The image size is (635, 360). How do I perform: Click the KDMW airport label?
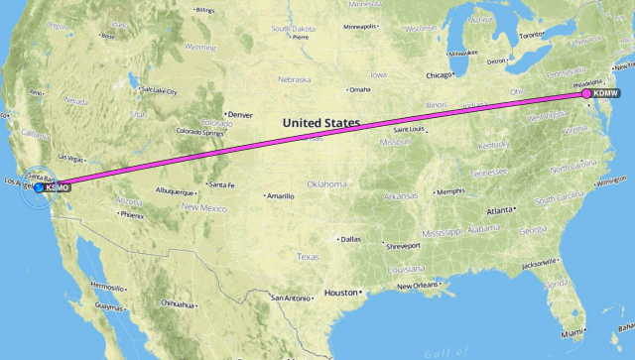[x=606, y=93]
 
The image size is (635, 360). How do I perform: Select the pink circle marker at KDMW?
[x=586, y=93]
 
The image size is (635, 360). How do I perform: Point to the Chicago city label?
[x=440, y=74]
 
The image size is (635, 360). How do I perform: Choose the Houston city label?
[x=341, y=293]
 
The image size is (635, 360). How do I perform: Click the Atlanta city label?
[x=500, y=210]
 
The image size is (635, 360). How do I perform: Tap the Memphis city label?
[x=450, y=191]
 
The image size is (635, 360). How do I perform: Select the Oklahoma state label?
[x=326, y=183]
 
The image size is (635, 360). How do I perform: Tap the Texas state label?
[x=308, y=257]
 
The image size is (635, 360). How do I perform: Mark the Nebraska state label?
[x=295, y=79]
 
